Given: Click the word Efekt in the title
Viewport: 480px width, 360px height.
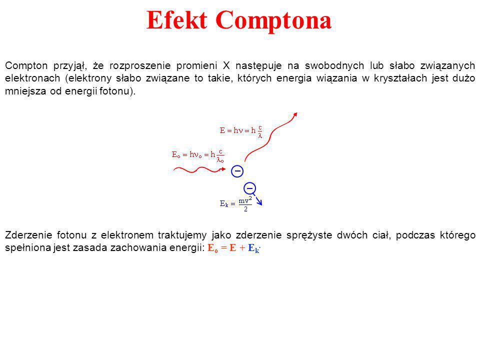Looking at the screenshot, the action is coord(176,20).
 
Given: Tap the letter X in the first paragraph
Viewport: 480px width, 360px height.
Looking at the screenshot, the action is coord(226,65).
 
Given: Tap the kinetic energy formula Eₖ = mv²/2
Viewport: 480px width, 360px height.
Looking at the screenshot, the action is coord(235,204).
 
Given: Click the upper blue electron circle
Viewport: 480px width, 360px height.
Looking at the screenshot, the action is coord(237,166).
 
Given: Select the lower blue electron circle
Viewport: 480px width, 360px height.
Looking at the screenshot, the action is coord(250,183).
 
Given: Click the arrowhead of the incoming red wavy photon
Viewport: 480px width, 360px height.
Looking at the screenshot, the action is coord(224,169).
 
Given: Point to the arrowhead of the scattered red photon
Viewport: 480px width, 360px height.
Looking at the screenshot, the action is coord(295,115).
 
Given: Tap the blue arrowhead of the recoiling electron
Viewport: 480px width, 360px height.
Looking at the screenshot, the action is coord(260,202).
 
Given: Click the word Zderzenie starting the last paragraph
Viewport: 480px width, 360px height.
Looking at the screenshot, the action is coord(28,235).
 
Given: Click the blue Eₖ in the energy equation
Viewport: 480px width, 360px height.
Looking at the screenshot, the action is coord(253,248).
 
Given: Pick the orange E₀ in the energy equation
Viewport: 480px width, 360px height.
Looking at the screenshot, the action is coord(213,248).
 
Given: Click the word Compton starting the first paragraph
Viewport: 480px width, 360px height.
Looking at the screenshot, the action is coord(26,66).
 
